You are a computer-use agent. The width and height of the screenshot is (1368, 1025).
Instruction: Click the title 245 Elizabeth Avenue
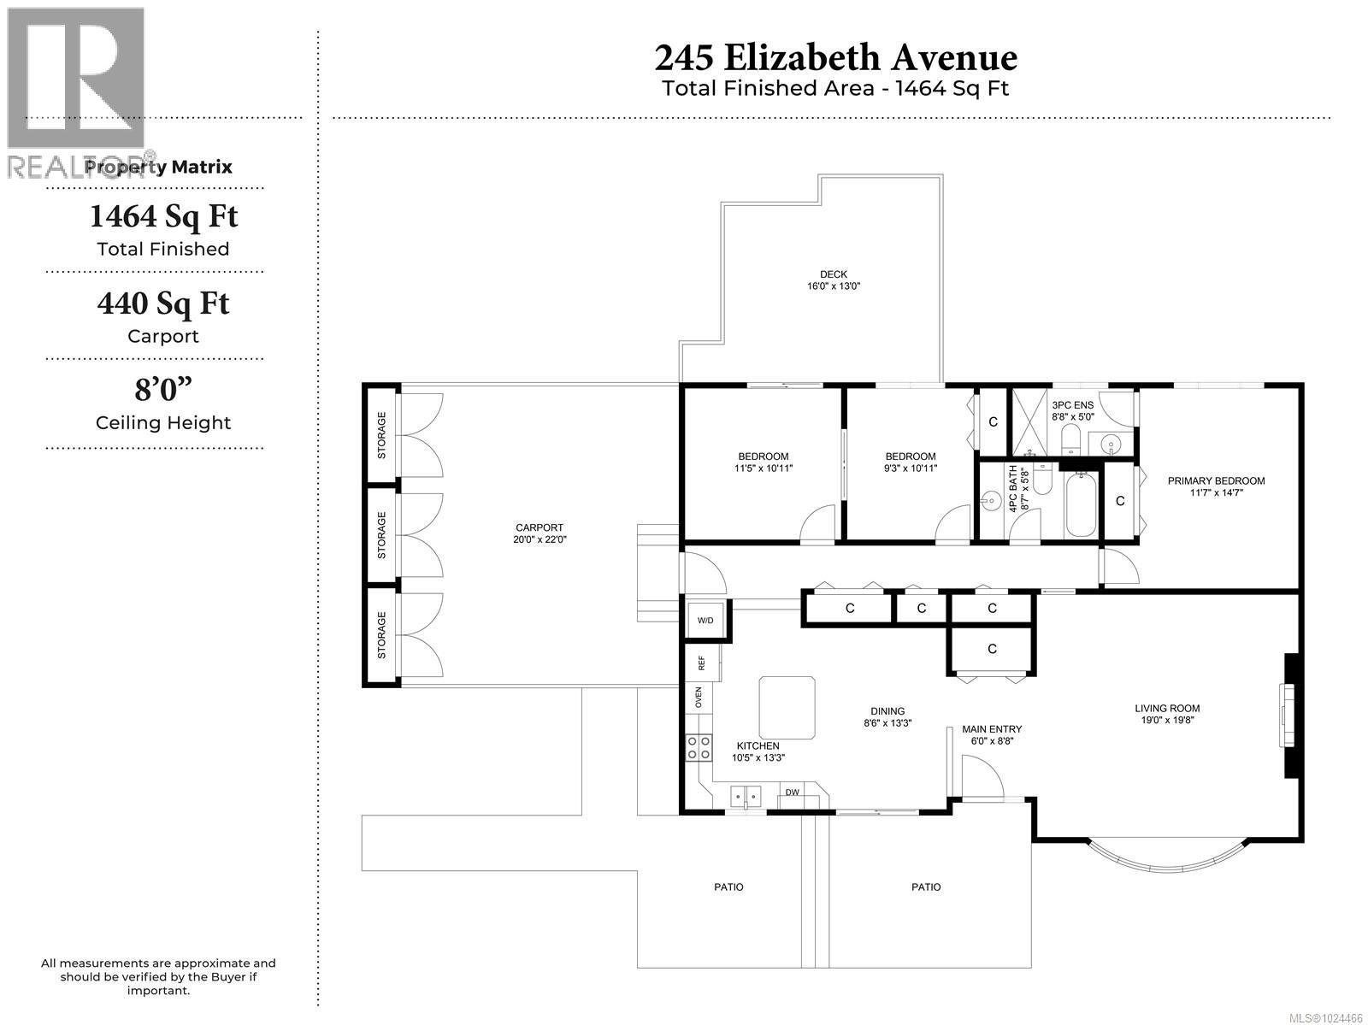[x=835, y=58]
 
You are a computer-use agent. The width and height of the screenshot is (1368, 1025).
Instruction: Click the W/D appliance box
[x=705, y=620]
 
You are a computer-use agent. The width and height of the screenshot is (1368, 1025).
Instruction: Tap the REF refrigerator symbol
[x=701, y=663]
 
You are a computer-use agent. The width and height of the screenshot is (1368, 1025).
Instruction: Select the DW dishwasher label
[x=793, y=792]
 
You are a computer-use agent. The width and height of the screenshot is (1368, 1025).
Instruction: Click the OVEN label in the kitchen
[x=698, y=697]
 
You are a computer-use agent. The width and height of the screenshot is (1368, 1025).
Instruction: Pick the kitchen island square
[x=787, y=707]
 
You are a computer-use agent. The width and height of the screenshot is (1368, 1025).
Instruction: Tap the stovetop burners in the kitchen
[x=698, y=749]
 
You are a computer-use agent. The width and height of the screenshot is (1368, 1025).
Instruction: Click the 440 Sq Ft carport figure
[x=162, y=303]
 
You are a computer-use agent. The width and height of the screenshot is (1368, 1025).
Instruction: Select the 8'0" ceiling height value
[x=162, y=391]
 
